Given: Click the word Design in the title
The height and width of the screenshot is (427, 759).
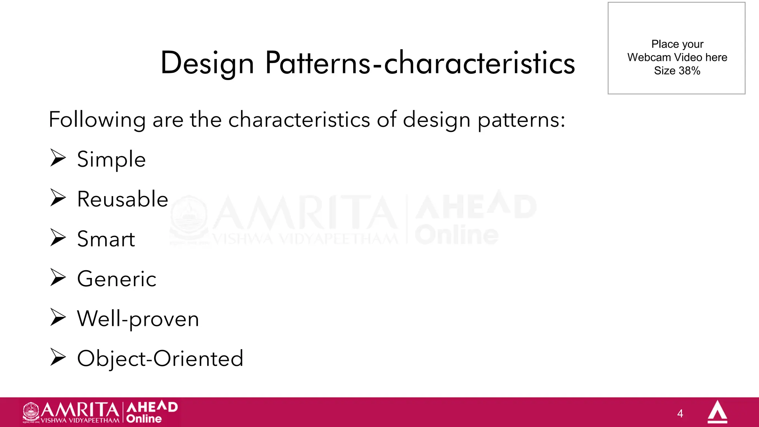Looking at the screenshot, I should (x=207, y=63).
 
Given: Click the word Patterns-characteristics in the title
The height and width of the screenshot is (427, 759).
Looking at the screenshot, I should (x=420, y=63).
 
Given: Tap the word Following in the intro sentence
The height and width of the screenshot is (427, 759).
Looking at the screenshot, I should (x=97, y=120).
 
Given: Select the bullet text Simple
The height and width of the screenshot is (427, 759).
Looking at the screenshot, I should (x=111, y=160).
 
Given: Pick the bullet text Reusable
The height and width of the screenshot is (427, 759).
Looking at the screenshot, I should (x=123, y=199).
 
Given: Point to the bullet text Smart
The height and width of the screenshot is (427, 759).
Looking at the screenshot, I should (x=106, y=239).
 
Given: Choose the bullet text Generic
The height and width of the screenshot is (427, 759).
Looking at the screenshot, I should (x=117, y=279).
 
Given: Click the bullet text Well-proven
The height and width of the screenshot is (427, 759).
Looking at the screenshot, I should (x=138, y=319).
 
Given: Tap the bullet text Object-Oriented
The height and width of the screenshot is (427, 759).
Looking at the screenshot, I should (x=160, y=358).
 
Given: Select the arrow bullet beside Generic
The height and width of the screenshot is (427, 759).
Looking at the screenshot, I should (x=58, y=278).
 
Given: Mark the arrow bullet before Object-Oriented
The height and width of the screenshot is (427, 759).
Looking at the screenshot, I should (x=58, y=357).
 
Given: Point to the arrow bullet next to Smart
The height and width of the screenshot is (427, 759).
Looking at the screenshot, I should (x=58, y=238).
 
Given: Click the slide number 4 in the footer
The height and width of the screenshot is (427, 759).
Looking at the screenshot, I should (x=680, y=414).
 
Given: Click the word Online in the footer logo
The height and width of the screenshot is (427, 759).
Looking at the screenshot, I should (x=144, y=419).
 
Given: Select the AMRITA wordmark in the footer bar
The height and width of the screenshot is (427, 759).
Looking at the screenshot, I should (x=80, y=410).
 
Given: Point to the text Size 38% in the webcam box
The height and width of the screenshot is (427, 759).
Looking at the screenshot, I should (x=677, y=71).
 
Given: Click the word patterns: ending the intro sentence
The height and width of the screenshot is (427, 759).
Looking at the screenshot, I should (x=521, y=120).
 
